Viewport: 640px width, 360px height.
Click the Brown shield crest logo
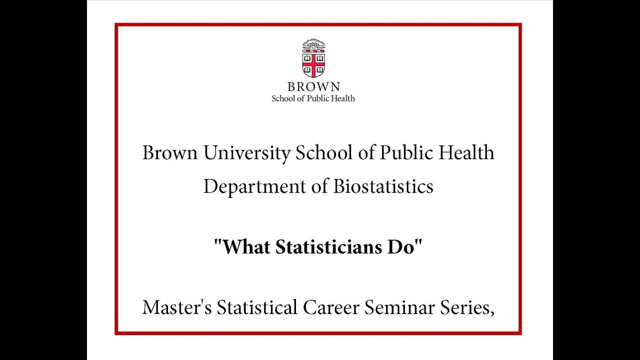(313, 59)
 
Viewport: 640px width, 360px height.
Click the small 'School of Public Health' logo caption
(313, 98)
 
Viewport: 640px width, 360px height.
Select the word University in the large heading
(246, 153)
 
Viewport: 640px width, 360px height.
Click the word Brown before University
(170, 153)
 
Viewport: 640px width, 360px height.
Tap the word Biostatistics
(383, 186)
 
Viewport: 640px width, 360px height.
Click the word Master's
(177, 307)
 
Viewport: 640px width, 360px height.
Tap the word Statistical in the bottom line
(257, 307)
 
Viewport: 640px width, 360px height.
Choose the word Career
(331, 307)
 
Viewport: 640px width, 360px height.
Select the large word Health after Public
(466, 153)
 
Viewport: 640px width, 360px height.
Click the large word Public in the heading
(406, 153)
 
